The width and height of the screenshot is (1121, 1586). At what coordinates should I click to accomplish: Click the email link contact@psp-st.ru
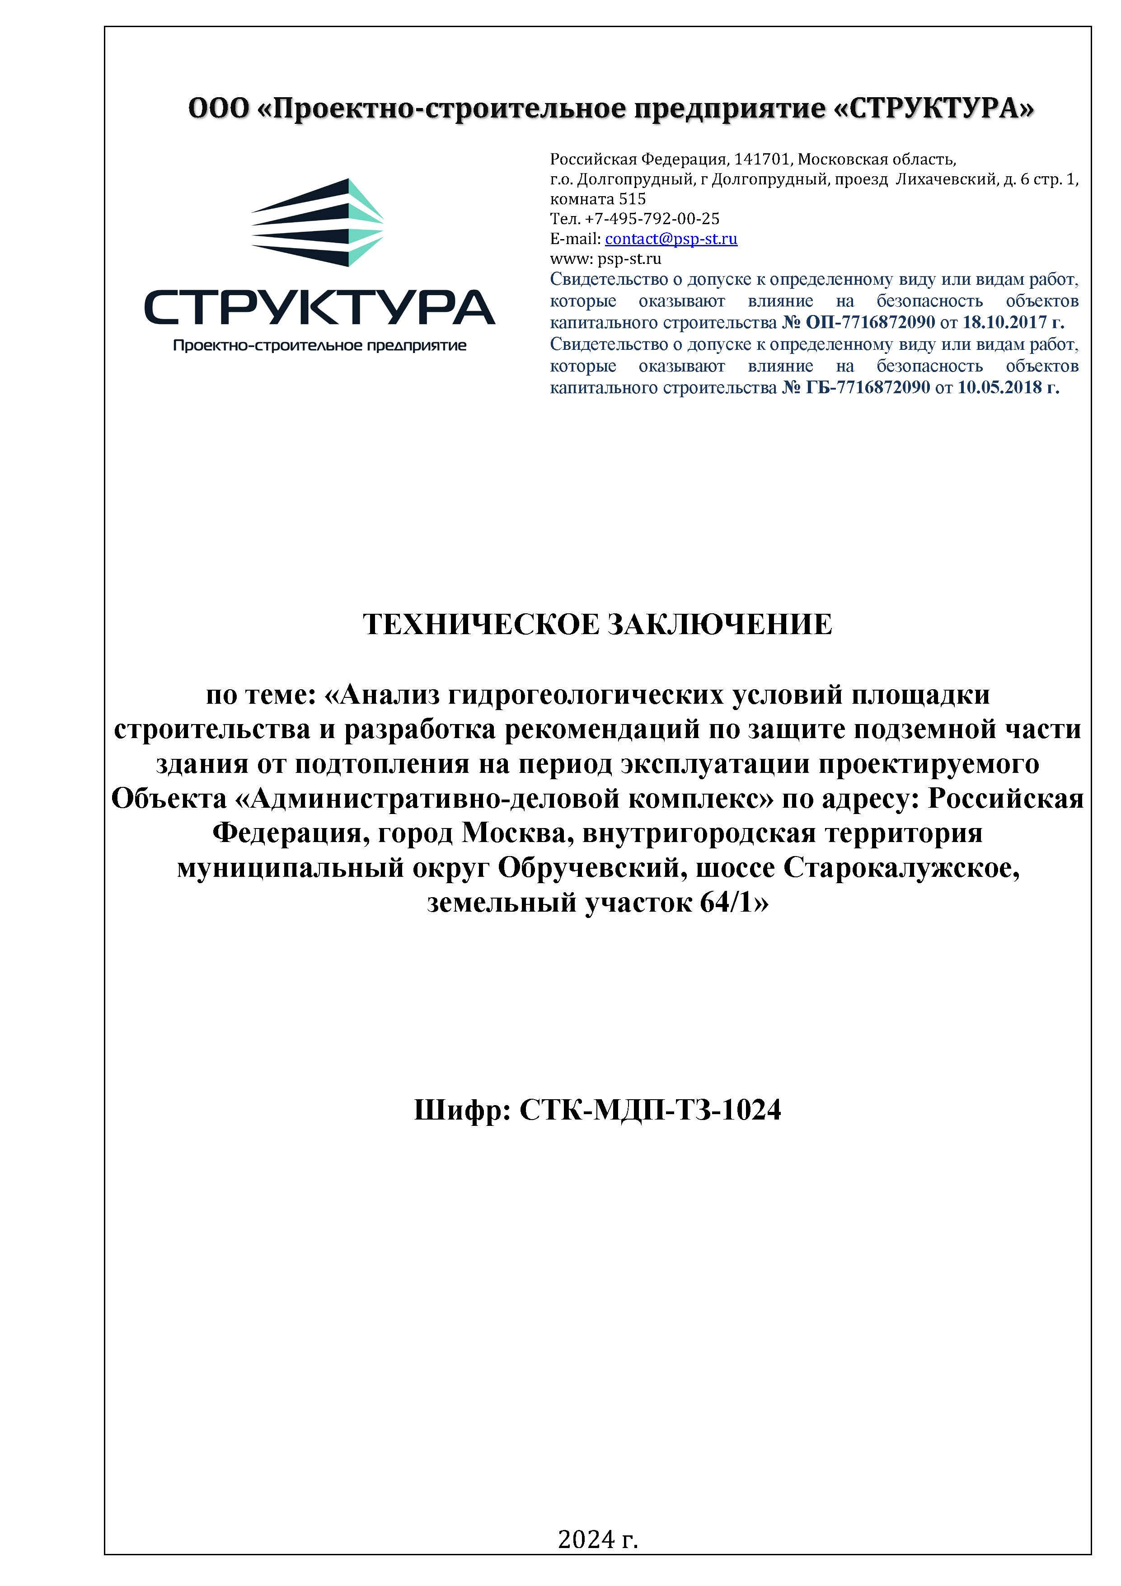tap(671, 239)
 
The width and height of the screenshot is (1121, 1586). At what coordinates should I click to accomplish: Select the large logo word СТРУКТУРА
tap(319, 307)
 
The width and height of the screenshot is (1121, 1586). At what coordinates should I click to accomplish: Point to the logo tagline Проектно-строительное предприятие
tap(319, 345)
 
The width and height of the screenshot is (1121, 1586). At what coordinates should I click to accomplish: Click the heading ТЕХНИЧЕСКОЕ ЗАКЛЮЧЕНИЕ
tap(597, 625)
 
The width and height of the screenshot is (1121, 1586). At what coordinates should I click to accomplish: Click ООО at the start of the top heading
tap(218, 109)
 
